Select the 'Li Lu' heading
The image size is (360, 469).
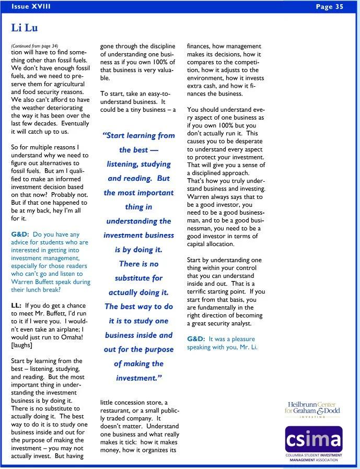tap(24, 28)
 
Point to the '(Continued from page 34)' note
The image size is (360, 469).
tap(34, 45)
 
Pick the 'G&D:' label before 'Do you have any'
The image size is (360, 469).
tap(20, 235)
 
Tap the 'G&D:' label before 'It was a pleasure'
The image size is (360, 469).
tap(196, 339)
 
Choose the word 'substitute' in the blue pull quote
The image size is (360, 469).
tap(138, 278)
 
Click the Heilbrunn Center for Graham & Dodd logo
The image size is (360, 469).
tap(312, 408)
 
